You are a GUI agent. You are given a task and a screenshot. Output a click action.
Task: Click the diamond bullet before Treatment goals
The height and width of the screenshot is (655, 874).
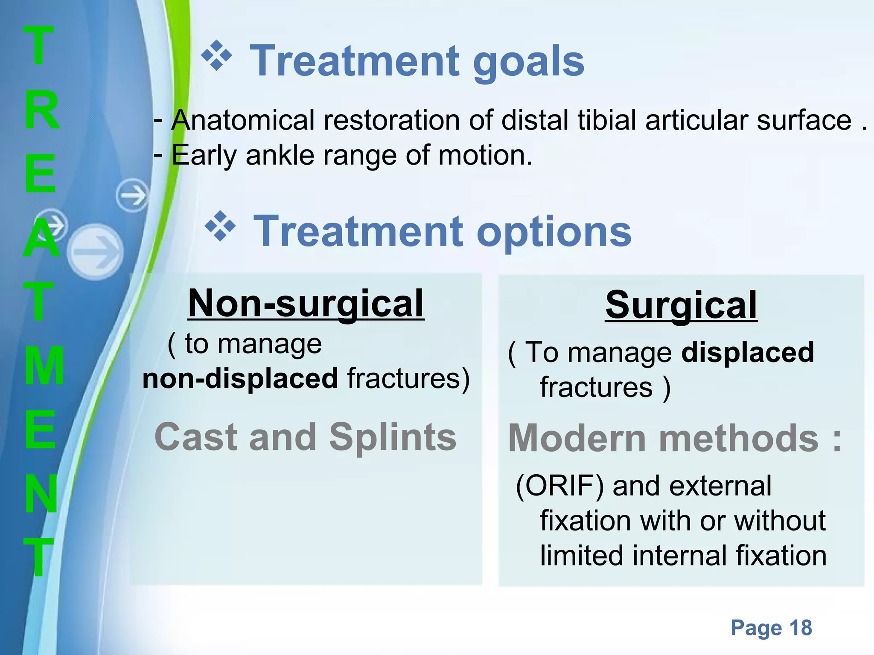coord(217,56)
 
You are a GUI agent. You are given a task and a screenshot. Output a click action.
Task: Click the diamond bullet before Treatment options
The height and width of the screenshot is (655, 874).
coord(220,226)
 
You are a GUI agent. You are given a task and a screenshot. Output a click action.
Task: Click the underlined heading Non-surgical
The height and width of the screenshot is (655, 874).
coord(306,303)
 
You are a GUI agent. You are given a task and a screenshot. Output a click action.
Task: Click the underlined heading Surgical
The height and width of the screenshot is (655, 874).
coord(681,305)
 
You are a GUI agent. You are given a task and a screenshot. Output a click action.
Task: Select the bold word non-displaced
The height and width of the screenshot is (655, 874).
coord(240,379)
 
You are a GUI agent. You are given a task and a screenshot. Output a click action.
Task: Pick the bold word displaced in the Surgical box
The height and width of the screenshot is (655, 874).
coord(748,353)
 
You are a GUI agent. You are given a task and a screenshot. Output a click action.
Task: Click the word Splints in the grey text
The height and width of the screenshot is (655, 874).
coord(393,437)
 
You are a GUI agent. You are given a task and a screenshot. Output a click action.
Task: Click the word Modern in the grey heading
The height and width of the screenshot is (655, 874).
coord(578,438)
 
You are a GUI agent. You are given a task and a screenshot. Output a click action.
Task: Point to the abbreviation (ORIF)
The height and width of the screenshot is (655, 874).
coord(559,486)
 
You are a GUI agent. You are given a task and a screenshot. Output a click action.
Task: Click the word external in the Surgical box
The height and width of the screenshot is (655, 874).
coord(720,486)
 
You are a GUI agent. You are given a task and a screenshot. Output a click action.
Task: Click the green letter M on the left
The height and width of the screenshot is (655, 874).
coord(44,366)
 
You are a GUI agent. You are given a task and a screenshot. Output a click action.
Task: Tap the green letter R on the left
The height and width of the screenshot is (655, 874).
coord(41,110)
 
